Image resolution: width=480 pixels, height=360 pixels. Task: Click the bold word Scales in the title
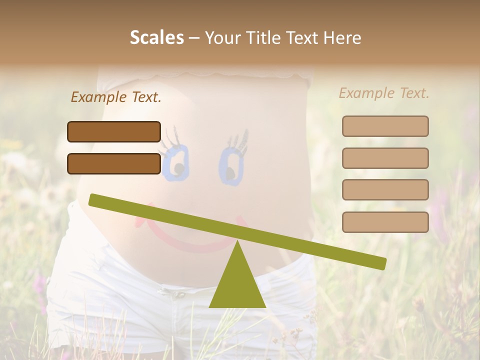pyautogui.click(x=156, y=37)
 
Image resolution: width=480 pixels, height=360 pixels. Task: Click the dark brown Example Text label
pyautogui.click(x=116, y=97)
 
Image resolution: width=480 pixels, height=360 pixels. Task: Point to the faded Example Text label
pyautogui.click(x=384, y=93)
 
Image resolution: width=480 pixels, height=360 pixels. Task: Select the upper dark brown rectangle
pyautogui.click(x=114, y=131)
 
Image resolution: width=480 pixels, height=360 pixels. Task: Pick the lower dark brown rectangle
pyautogui.click(x=114, y=163)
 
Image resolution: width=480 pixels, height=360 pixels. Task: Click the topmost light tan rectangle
pyautogui.click(x=385, y=126)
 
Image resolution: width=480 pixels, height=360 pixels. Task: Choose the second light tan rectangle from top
pyautogui.click(x=385, y=158)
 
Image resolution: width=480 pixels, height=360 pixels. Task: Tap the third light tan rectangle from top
pyautogui.click(x=385, y=189)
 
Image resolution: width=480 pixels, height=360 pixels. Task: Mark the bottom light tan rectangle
pyautogui.click(x=385, y=222)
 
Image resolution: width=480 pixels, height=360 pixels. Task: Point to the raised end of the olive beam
pyautogui.click(x=95, y=200)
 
